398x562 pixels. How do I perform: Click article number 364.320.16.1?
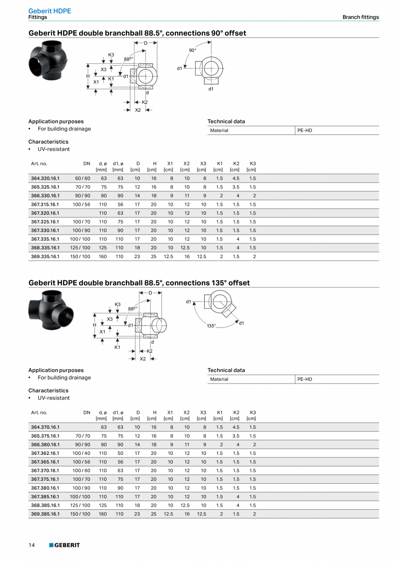point(45,178)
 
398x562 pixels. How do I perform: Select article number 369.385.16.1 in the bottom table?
point(45,514)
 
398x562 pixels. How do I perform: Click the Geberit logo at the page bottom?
point(64,545)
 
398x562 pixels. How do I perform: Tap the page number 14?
point(32,545)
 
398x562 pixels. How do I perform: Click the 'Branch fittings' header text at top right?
point(360,17)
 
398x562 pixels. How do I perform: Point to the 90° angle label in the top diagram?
point(193,51)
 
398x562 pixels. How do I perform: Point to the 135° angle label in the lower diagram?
point(211,326)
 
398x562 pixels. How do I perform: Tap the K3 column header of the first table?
point(253,163)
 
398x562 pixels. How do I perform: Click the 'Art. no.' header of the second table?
point(39,412)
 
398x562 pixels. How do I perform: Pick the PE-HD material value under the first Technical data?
point(305,131)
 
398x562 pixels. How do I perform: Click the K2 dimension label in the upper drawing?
point(145,102)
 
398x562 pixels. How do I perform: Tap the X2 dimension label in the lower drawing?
point(143,359)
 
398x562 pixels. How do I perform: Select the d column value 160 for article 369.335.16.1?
point(103,256)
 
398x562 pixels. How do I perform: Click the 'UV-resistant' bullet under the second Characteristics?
point(54,398)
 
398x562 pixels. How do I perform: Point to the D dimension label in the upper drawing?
point(145,43)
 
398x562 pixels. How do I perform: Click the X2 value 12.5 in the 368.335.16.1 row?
point(185,248)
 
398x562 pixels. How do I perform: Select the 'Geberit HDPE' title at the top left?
point(50,11)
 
